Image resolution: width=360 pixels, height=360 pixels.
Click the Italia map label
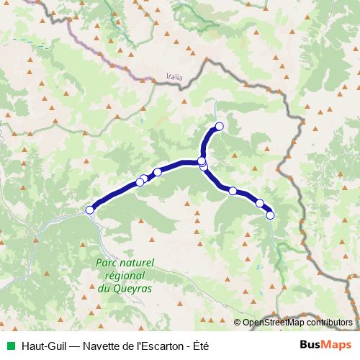pyautogui.click(x=174, y=76)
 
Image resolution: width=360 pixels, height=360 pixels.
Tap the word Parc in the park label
pyautogui.click(x=107, y=264)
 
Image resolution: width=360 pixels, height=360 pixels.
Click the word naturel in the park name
pyautogui.click(x=135, y=264)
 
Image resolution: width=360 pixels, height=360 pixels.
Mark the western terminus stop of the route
pyautogui.click(x=90, y=210)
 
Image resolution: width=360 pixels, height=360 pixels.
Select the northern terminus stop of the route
pyautogui.click(x=220, y=127)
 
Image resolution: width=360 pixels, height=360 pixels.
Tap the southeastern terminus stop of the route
pyautogui.click(x=270, y=215)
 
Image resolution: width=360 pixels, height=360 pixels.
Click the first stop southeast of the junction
pyautogui.click(x=233, y=191)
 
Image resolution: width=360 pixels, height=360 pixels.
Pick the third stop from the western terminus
pyautogui.click(x=145, y=179)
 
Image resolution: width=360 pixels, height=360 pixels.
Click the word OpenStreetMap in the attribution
pyautogui.click(x=275, y=323)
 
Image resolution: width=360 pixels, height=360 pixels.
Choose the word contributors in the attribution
pyautogui.click(x=332, y=323)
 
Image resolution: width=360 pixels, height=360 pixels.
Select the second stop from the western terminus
pyautogui.click(x=140, y=182)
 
